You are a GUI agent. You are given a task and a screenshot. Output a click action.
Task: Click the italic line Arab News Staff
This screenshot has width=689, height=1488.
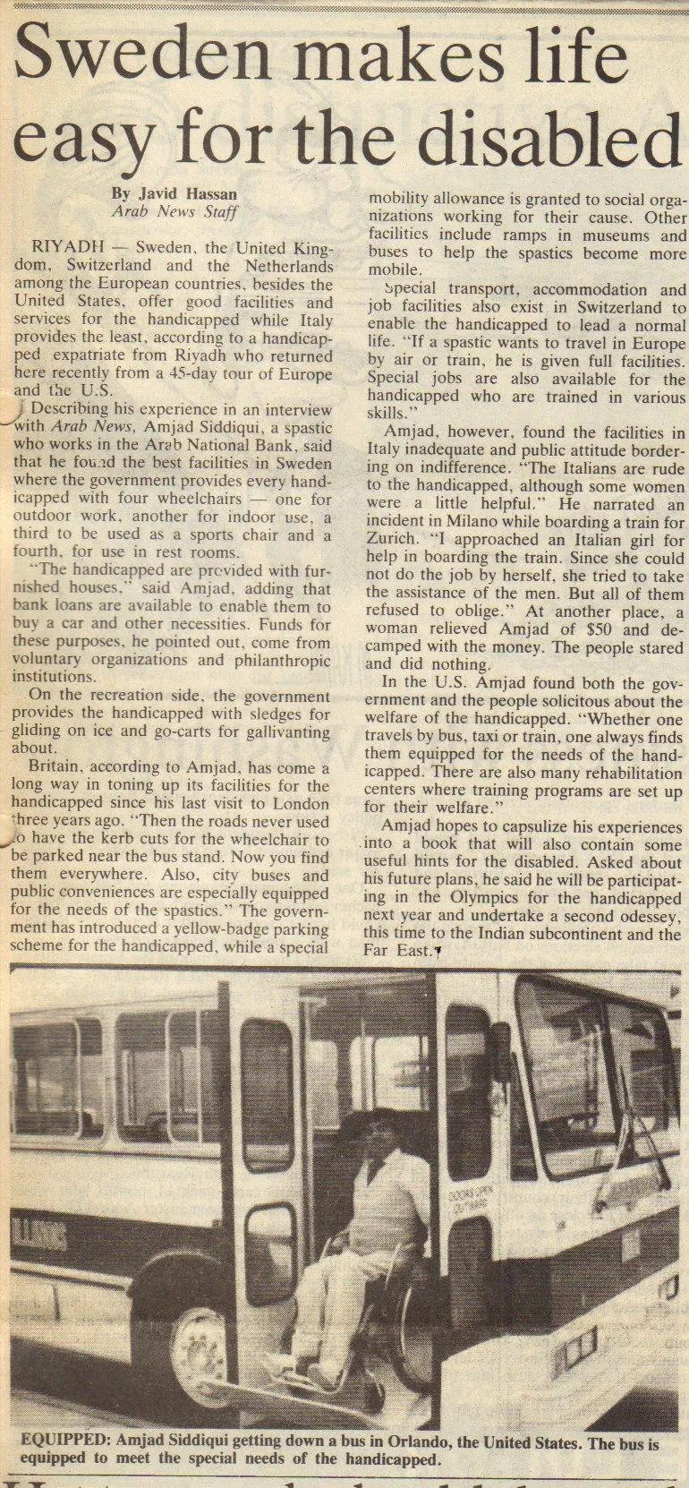coord(174,212)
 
